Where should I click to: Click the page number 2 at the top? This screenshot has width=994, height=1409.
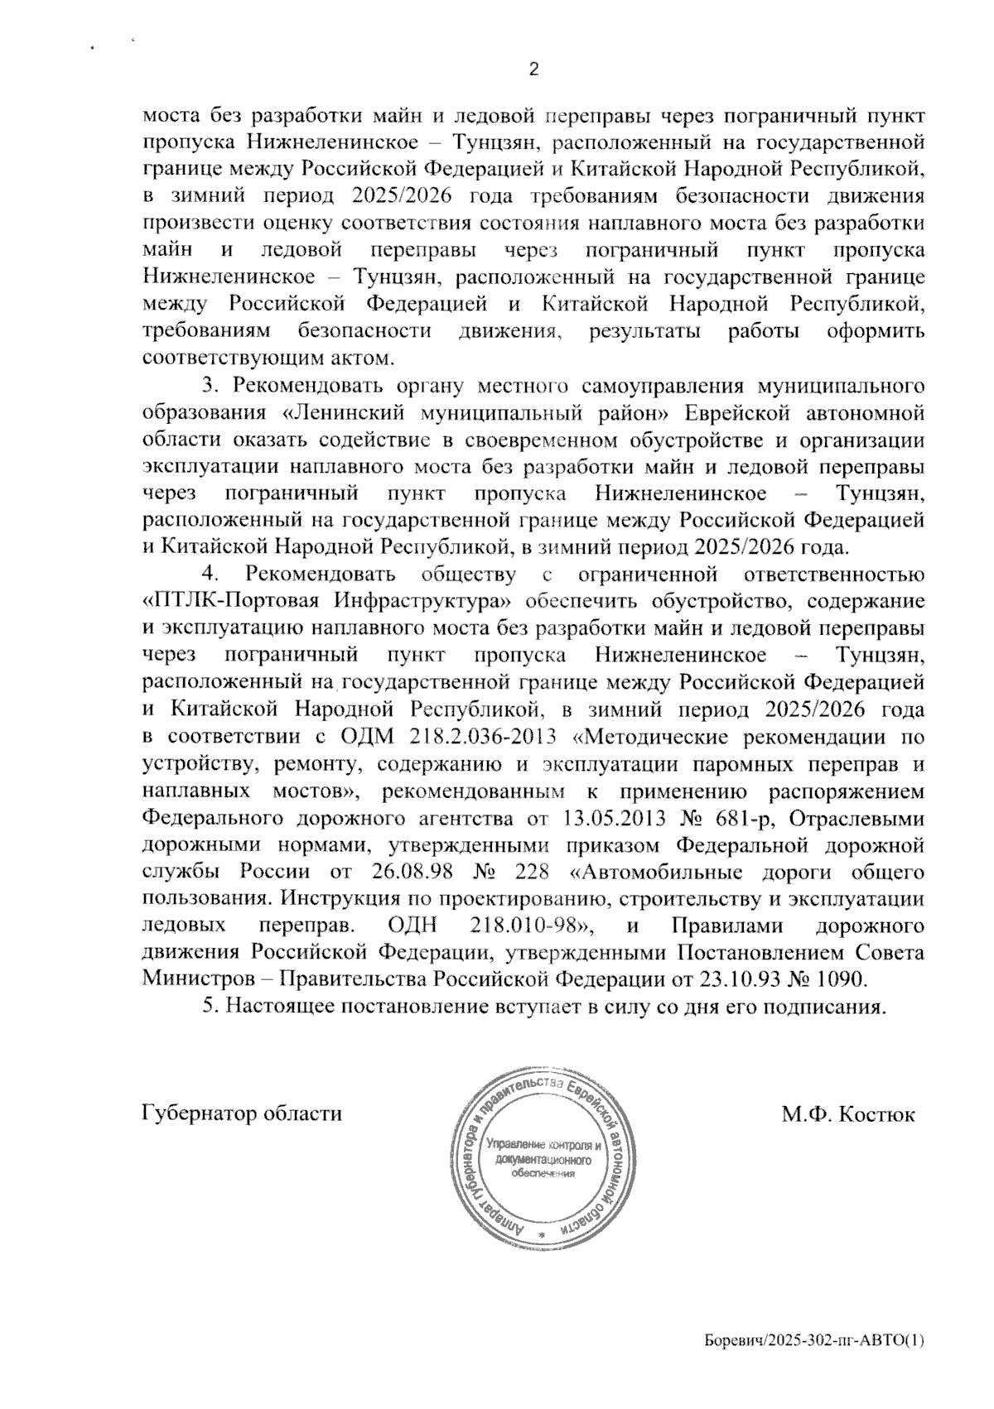[534, 70]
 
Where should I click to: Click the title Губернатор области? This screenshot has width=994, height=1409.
[243, 1113]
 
